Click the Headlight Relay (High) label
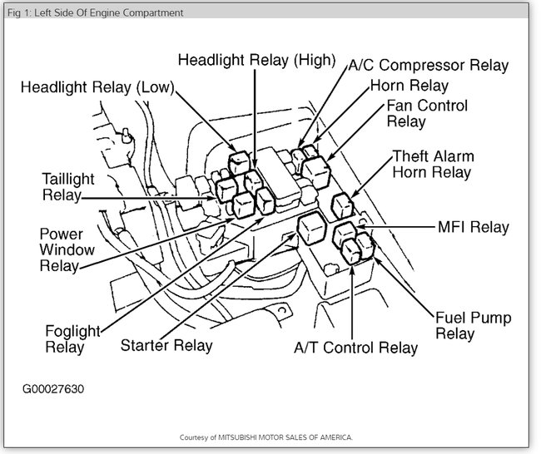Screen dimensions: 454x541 [256, 60]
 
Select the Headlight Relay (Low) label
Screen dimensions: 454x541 [97, 87]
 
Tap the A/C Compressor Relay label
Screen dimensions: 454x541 [428, 65]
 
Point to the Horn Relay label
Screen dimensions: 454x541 [409, 86]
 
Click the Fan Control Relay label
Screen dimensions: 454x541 [427, 114]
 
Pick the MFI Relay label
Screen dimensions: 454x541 [473, 227]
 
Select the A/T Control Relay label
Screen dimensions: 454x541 [355, 347]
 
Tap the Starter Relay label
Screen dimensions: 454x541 [166, 344]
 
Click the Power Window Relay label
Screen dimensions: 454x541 [67, 249]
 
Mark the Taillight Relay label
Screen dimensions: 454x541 [74, 186]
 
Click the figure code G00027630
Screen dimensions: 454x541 [54, 388]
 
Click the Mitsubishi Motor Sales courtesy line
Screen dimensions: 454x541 [266, 437]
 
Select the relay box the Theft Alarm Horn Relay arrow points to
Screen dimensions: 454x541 [341, 205]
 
